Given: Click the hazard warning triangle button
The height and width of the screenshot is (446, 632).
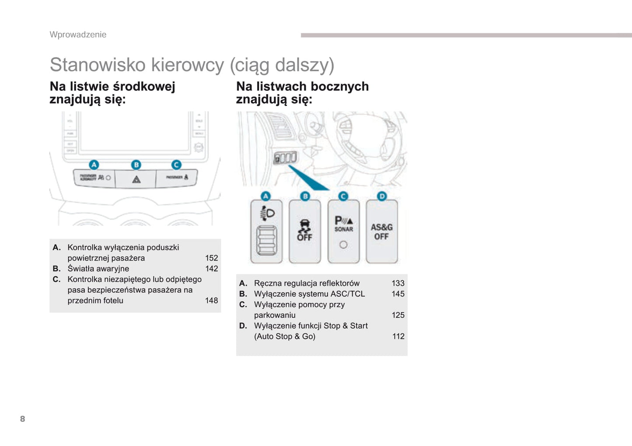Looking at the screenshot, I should pos(136,179).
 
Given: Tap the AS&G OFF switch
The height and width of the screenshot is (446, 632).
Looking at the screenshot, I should pos(381,232).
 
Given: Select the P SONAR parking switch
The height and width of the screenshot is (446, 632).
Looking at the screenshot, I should pos(343,232).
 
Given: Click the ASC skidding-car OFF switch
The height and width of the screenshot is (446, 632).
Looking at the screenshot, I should pos(305,231).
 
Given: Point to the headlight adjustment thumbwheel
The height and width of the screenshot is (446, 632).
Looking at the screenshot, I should pos(266,240).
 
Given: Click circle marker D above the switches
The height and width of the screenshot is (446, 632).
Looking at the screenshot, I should pos(382,196).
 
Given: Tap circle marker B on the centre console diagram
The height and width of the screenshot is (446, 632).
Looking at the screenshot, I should pos(136,165).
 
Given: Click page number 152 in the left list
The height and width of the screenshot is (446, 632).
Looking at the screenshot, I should pos(211,258).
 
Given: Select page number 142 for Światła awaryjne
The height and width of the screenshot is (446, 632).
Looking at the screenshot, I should pos(211,269).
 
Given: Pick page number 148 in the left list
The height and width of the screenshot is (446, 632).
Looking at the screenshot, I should pos(211,301).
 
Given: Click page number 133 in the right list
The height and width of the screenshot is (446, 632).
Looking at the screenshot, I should pos(398,284).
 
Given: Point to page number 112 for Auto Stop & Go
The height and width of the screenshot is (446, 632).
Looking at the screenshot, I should pos(398,337).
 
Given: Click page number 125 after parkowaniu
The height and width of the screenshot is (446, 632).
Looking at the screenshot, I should pos(398,315).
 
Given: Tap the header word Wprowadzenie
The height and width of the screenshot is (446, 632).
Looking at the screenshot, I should pos(78,35).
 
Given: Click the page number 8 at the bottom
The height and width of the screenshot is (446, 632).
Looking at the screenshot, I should pos(23,419).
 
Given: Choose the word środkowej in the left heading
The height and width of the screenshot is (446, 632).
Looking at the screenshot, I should pos(144,87).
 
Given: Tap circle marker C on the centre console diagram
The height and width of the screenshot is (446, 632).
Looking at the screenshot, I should pos(176,165).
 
